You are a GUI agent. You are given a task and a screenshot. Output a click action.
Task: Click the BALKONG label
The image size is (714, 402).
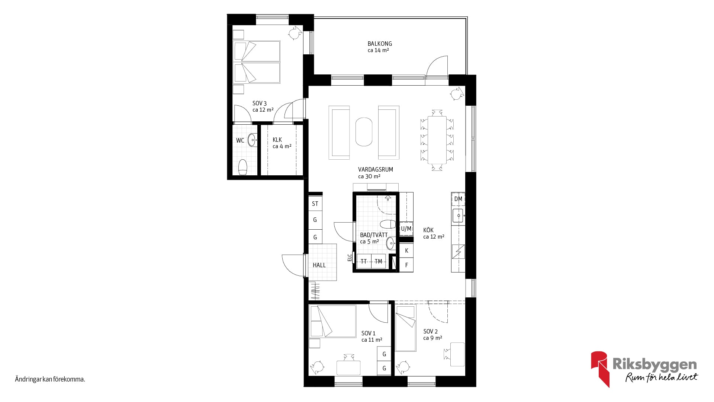[x=380, y=44]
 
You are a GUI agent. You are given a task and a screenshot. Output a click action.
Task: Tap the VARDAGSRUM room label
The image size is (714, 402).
[x=376, y=169]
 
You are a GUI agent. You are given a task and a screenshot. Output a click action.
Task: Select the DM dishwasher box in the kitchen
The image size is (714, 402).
[x=458, y=199]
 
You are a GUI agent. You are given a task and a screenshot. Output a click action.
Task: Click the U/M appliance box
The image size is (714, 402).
[x=406, y=229]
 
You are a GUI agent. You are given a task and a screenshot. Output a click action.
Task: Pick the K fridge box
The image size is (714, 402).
[x=406, y=251]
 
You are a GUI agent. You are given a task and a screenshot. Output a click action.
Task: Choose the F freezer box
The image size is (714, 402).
[x=406, y=265]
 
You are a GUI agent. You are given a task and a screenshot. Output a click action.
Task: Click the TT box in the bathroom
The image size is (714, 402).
[x=364, y=261]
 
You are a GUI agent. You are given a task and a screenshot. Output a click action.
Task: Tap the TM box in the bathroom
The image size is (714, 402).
[x=379, y=261]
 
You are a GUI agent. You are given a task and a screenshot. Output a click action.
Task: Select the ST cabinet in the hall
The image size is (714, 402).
[x=315, y=204]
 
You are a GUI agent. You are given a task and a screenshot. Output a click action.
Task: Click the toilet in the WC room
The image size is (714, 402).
[x=243, y=167]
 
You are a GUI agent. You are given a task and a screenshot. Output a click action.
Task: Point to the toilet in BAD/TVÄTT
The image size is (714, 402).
[x=388, y=224]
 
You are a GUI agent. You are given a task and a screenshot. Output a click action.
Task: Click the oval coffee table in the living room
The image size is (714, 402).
[x=364, y=132]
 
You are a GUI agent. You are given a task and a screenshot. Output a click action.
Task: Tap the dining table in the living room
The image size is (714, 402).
[x=437, y=140]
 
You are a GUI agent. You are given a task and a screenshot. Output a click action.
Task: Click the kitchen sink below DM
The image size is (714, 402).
[x=458, y=216]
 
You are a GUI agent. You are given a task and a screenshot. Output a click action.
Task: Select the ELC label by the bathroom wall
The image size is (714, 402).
[x=350, y=258]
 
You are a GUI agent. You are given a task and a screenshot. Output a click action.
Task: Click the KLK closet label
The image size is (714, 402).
[x=277, y=140]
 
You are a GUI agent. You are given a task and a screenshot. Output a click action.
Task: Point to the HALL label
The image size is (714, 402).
[x=319, y=265]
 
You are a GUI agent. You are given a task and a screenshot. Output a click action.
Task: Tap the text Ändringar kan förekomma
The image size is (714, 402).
[x=50, y=380]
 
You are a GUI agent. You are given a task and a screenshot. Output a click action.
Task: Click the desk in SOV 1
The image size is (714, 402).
[x=348, y=367]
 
